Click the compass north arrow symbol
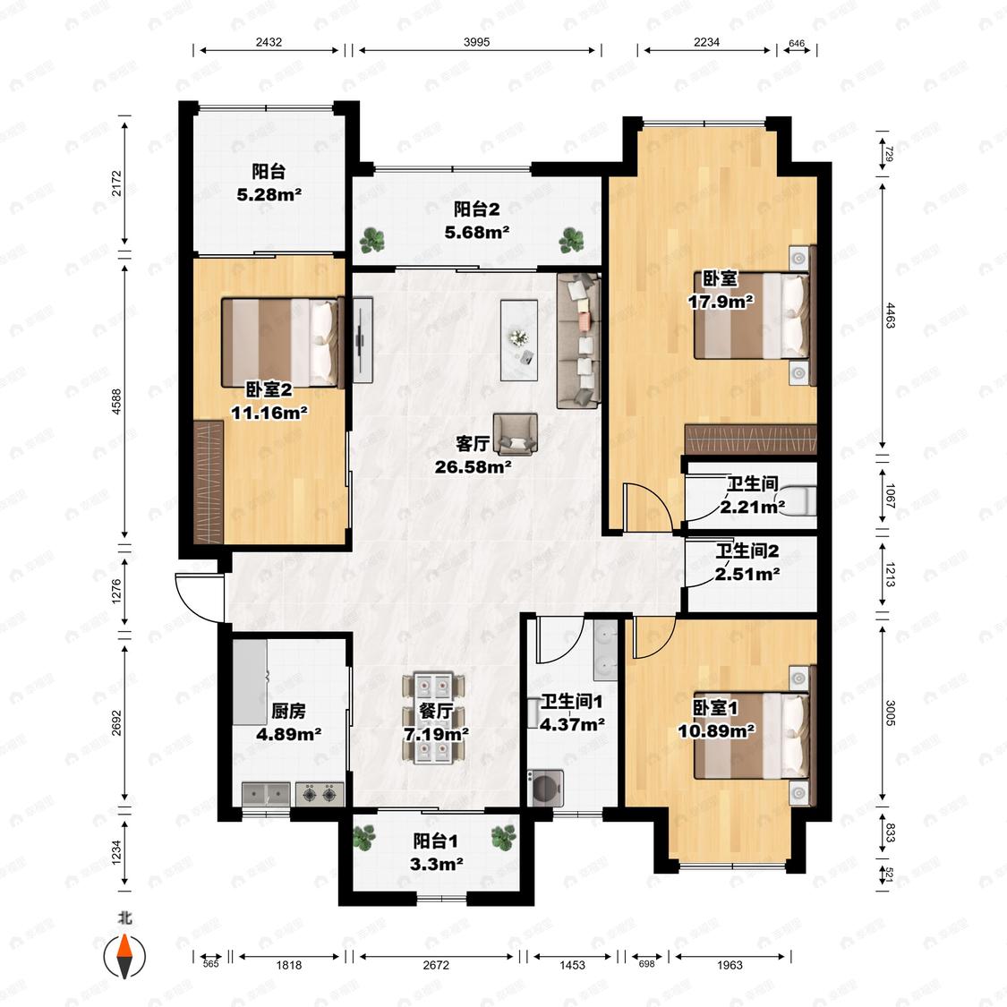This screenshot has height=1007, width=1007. [124, 956]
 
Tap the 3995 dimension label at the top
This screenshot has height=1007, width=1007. [476, 42]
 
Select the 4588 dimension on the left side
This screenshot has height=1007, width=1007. [116, 401]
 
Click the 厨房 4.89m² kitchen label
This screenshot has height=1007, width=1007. [288, 721]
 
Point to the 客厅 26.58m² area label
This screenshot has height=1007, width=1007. [474, 455]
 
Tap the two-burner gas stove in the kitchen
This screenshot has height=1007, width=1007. [320, 794]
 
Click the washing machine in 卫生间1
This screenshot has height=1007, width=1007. [545, 788]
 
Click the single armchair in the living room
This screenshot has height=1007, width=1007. [515, 434]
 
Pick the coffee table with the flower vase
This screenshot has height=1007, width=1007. [519, 340]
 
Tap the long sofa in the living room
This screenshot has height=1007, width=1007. [578, 340]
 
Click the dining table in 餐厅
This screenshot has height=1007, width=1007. [433, 718]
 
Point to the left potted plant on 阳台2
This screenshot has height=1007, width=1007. [372, 240]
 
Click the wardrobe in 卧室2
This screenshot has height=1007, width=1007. [208, 482]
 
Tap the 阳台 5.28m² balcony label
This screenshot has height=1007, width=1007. [269, 183]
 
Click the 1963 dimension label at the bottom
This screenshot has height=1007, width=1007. [730, 965]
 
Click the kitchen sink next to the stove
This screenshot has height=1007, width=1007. [267, 794]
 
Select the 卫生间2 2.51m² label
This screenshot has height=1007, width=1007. [747, 562]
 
